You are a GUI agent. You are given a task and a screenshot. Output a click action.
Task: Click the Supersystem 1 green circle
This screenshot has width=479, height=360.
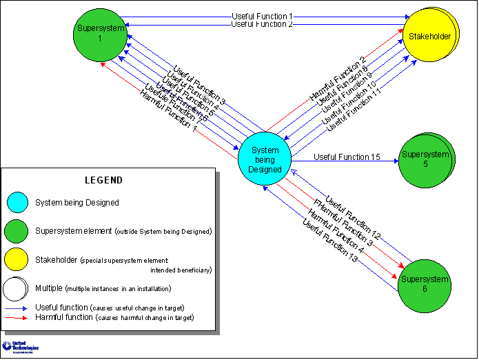(99, 34)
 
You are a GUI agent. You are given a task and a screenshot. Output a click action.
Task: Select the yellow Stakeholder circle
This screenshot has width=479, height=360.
(429, 35)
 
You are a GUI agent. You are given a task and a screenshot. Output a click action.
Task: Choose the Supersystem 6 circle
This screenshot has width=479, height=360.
(425, 285)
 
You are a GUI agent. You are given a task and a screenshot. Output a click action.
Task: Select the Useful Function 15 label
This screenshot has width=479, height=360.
(347, 157)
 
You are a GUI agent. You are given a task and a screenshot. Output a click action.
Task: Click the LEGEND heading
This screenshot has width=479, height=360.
(103, 180)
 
